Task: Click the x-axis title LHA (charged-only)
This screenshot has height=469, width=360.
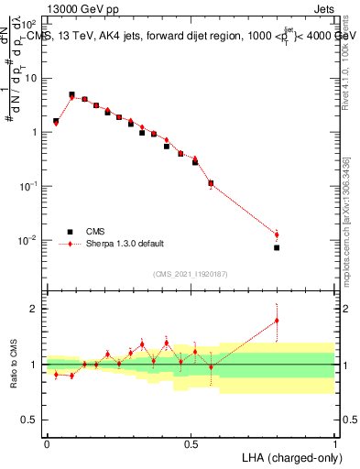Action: (x=291, y=456)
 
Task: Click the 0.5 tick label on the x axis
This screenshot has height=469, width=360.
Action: (x=191, y=443)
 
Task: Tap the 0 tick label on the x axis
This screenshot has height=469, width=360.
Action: (x=47, y=443)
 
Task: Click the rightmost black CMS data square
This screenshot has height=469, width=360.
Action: (x=277, y=247)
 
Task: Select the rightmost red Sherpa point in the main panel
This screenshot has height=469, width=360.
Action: (x=277, y=235)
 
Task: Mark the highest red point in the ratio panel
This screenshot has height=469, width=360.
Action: (x=277, y=321)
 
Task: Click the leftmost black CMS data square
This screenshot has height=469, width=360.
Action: (x=56, y=121)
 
